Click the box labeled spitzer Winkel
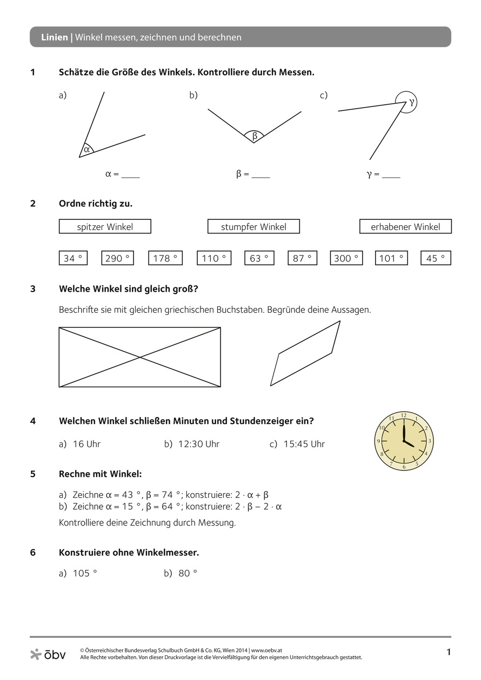pos(105,227)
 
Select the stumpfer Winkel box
pos(253,227)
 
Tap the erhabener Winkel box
pos(405,227)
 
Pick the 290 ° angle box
pos(117,258)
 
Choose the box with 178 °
pos(165,258)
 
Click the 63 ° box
pos(259,258)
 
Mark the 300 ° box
pos(346,258)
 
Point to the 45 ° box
pos(436,258)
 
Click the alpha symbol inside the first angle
pos(86,150)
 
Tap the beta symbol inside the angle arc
pos(255,136)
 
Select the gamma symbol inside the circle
pos(411,102)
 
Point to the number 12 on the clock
pos(403,415)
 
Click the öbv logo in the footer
pos(48,655)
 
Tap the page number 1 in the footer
pos(448,652)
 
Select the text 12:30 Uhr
pos(198,444)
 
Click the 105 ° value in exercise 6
pos(85,574)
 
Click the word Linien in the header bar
pos(55,37)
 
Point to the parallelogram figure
pos(305,354)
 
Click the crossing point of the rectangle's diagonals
pos(140,357)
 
